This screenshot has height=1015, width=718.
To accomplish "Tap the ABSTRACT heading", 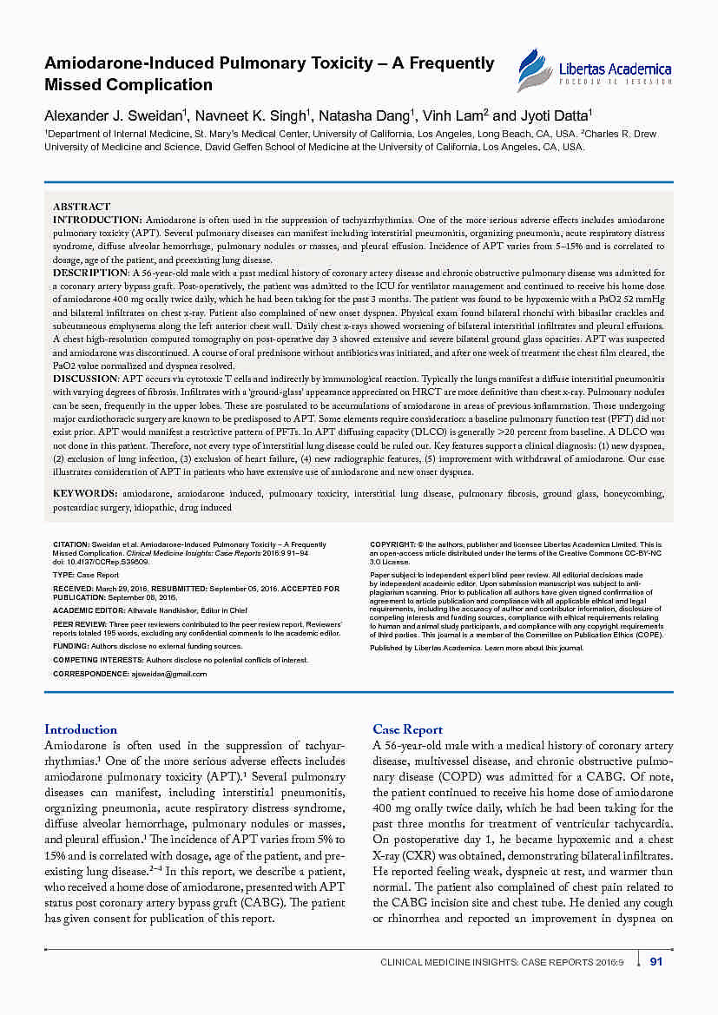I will [82, 207].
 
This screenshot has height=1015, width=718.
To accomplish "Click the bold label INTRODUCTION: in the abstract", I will [97, 221].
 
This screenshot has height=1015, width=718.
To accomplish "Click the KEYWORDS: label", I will [85, 493].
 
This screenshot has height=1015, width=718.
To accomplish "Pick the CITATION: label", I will [71, 544].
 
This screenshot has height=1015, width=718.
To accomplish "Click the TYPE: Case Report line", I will [86, 575].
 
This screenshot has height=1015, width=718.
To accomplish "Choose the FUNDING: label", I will [71, 646].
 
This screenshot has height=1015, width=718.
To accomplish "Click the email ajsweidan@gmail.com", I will [168, 674].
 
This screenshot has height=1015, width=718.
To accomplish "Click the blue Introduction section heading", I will [81, 729].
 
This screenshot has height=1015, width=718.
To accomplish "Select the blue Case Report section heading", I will [407, 729].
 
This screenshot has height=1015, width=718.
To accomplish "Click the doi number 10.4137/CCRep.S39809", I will [110, 560].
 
